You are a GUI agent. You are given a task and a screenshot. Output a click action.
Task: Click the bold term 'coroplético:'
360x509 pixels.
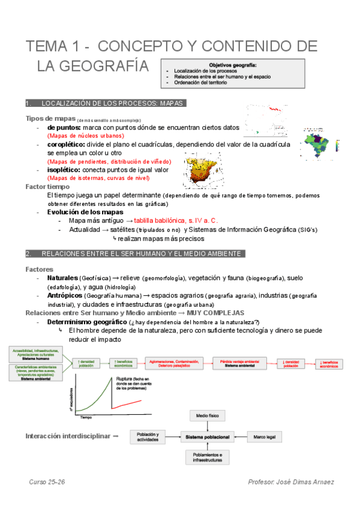pos(64,145)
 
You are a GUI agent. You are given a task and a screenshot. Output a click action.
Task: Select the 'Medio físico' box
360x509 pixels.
pos(208,415)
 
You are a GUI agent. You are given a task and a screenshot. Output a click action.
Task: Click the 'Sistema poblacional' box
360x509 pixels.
pos(208,436)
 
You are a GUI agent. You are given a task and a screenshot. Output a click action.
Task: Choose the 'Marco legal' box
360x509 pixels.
pos(266,436)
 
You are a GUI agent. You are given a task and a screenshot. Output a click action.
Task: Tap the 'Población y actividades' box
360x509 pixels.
pos(147,436)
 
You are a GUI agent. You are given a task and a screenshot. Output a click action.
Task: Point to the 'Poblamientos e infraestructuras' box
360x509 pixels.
pos(208,457)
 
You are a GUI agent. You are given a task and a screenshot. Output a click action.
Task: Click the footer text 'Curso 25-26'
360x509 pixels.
pos(46,482)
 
